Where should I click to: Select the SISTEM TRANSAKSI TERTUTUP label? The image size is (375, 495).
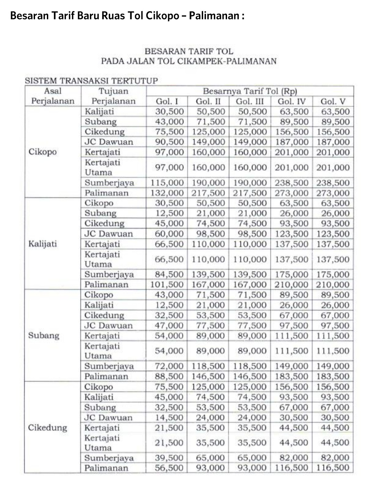pos(91,81)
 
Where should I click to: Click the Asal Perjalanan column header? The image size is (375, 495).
pos(53,96)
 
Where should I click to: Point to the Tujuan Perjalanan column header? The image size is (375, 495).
pos(113,96)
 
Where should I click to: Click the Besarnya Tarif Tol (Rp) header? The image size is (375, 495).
pos(250,91)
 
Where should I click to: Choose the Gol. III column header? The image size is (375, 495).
pos(250,101)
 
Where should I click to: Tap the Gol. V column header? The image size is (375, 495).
pos(333,101)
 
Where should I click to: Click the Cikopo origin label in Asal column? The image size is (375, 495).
pos(42,152)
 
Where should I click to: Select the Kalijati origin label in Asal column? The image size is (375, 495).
pos(42,243)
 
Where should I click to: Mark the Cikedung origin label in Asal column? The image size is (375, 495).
pos(47,428)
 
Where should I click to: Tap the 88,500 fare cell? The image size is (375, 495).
pos(169,376)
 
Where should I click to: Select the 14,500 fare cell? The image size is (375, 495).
pos(169,417)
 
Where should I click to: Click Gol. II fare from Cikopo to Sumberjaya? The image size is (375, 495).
pos(208,183)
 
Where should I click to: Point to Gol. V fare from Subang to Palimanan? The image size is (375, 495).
pos(333,376)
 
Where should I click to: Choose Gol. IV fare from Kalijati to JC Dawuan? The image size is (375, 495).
pos(292,234)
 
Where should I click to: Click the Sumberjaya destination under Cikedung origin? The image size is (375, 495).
pos(109,458)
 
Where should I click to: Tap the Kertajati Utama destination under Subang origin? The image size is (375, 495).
pos(102,351)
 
